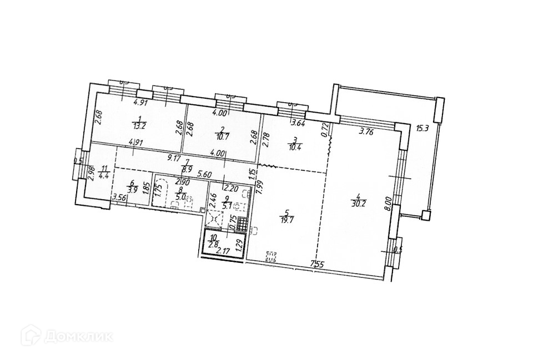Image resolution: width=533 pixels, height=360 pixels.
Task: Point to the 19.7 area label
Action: [286, 219]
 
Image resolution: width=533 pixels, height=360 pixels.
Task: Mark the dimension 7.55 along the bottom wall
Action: [318, 264]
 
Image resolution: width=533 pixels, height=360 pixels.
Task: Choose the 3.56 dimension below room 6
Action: [118, 196]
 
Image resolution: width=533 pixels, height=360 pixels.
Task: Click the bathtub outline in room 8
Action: [162, 192]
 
